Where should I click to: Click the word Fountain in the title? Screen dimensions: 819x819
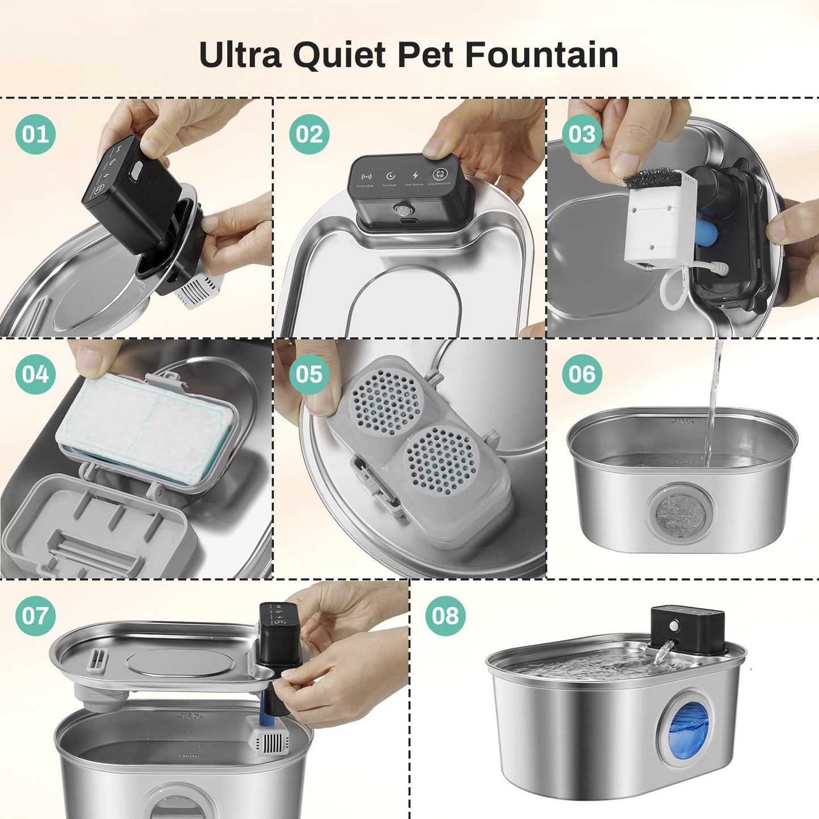pos(541,55)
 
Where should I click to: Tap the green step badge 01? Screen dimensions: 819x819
pos(35,134)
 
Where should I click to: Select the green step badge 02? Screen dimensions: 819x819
pos(309,134)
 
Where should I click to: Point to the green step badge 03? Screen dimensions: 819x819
pos(582,134)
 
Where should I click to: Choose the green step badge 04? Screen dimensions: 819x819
pos(35,375)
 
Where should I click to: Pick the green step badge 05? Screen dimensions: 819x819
pos(309,375)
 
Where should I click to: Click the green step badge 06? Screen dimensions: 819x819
pos(582,375)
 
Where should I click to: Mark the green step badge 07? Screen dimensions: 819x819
pos(35,616)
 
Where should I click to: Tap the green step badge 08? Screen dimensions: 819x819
pos(445,616)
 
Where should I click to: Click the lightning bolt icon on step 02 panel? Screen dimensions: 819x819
pos(415,175)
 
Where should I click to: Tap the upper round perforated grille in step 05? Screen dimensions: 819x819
pos(383,397)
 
